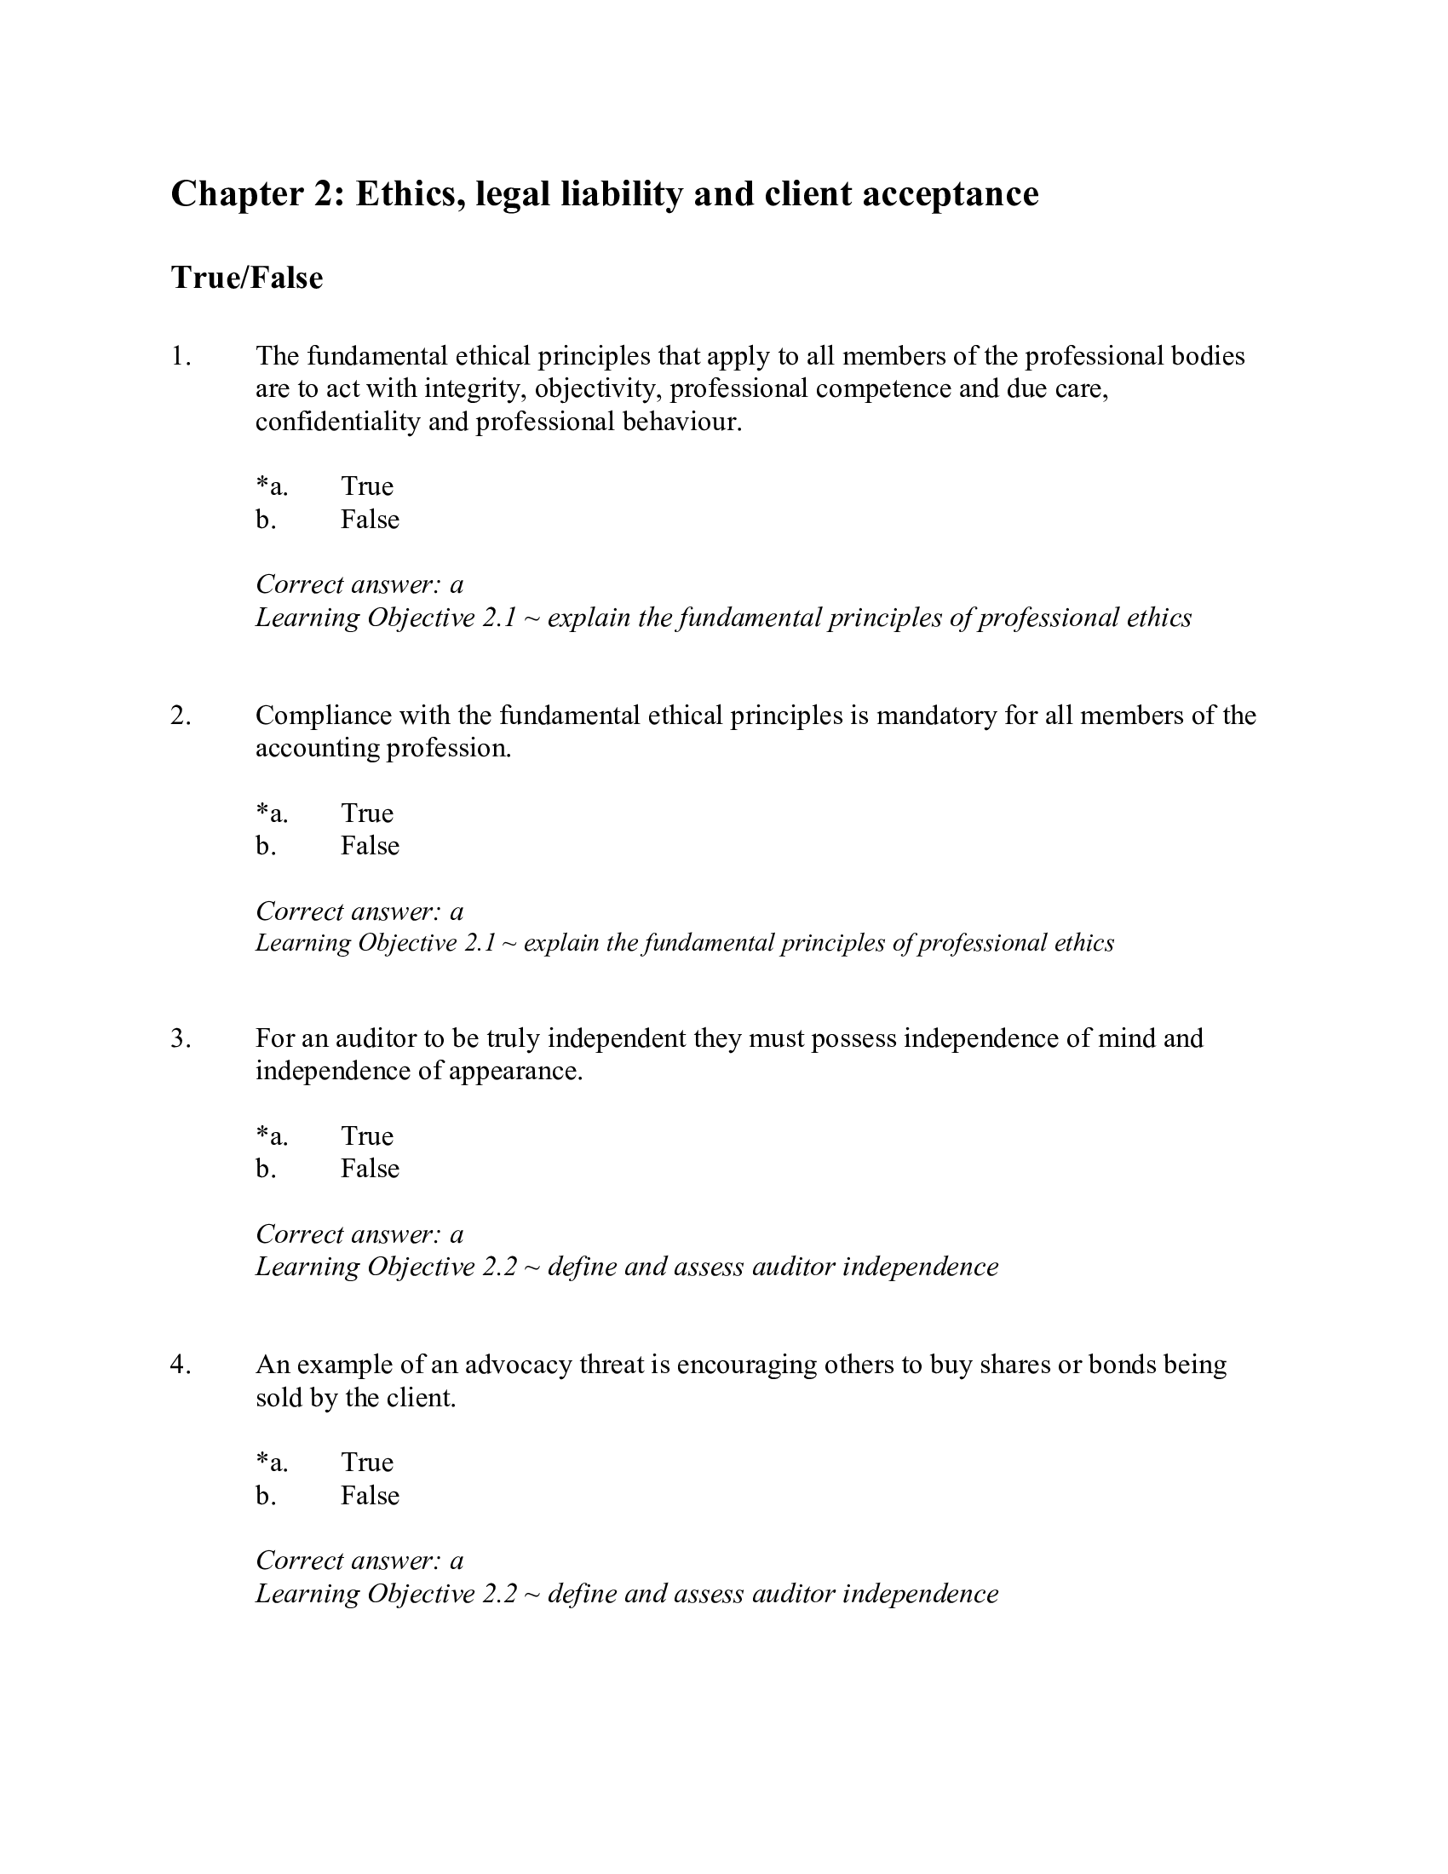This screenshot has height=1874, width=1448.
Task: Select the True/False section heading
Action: point(247,278)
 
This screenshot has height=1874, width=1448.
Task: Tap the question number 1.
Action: point(180,356)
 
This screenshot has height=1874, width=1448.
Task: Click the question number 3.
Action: point(180,1038)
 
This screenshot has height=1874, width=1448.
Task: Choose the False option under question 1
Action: point(370,520)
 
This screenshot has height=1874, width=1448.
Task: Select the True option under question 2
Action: point(367,813)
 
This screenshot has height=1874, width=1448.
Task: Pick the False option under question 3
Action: point(370,1169)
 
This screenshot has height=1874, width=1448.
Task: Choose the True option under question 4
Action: point(367,1462)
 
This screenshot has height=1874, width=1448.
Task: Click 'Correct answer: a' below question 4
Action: point(359,1560)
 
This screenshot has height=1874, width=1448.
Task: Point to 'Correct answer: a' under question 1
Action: point(359,584)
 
